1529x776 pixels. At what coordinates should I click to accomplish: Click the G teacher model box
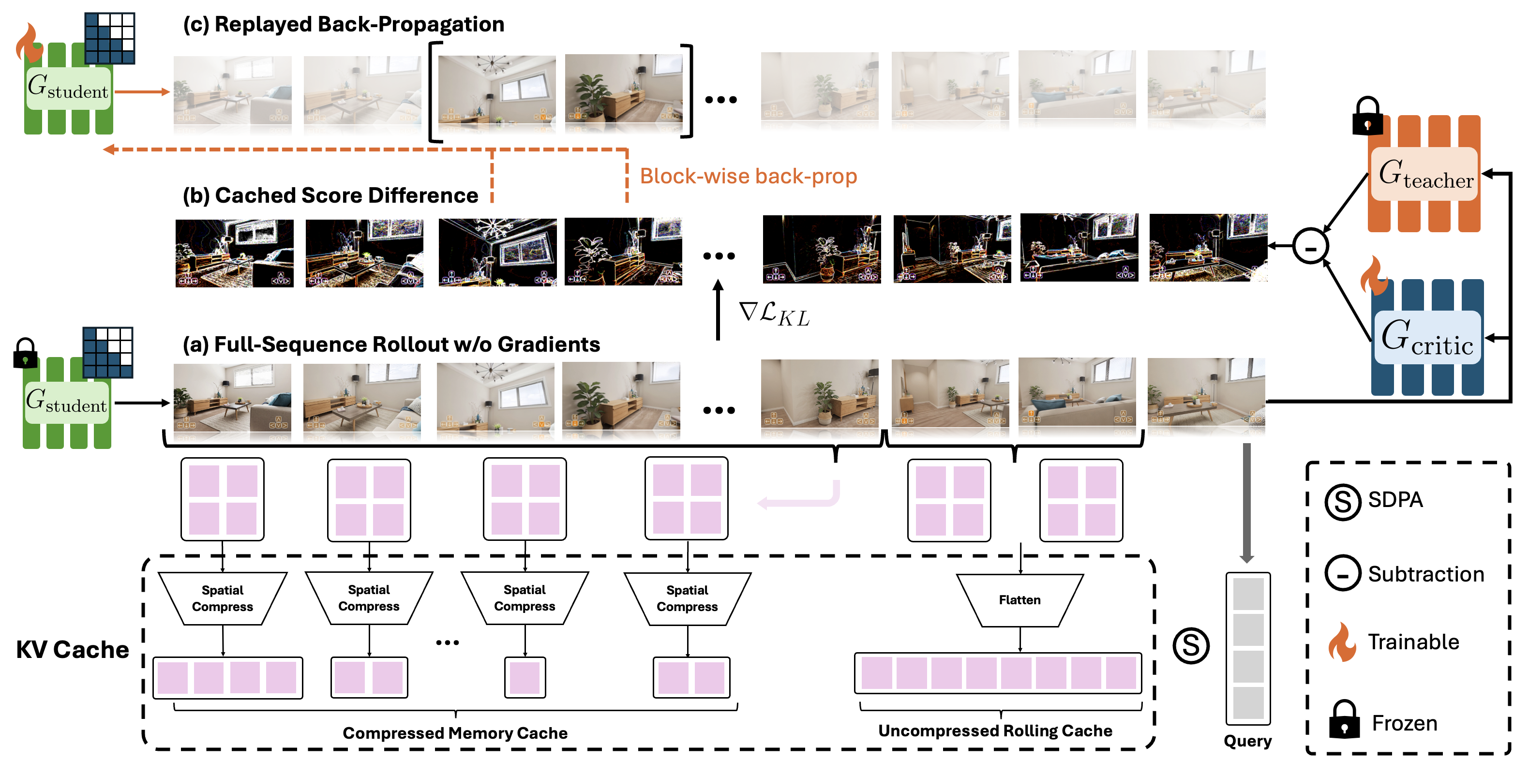[x=1424, y=174]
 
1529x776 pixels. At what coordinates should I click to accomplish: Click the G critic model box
[x=1427, y=337]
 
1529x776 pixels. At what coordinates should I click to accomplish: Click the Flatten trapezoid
[x=1019, y=600]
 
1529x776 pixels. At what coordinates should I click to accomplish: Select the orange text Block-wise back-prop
[x=748, y=176]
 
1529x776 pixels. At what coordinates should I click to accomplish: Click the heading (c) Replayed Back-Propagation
[x=344, y=24]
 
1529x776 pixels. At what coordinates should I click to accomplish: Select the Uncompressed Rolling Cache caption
[x=995, y=731]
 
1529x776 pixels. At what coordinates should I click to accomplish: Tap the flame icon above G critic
[x=1373, y=275]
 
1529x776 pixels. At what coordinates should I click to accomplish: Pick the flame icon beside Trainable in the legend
[x=1342, y=642]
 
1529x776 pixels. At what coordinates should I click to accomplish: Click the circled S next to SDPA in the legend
[x=1343, y=502]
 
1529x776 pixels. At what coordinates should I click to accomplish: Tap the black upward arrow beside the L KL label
[x=718, y=310]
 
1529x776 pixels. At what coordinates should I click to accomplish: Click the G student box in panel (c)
[x=68, y=88]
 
